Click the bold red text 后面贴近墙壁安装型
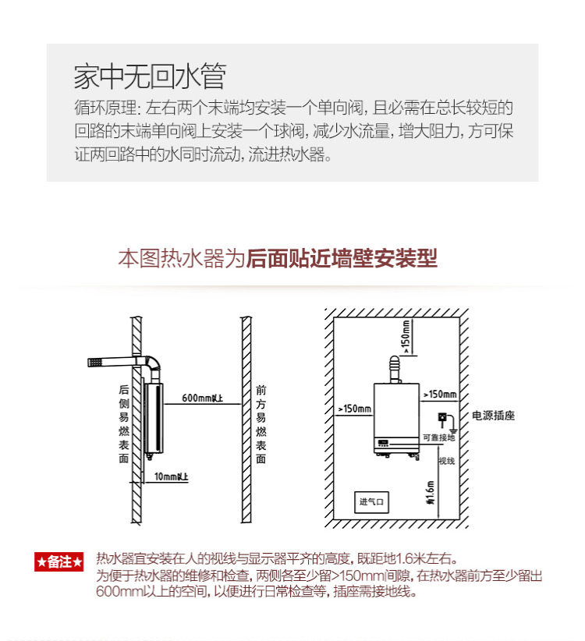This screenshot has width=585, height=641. click(342, 258)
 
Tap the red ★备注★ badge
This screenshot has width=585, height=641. click(58, 561)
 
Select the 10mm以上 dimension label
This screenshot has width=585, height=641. click(171, 476)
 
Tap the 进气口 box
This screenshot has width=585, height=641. click(371, 501)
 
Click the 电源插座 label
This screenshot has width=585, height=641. click(493, 416)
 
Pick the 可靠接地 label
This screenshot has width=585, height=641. click(438, 437)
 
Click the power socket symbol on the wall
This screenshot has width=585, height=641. click(441, 418)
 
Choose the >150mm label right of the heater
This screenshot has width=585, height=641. click(439, 395)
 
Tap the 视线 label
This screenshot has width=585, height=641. click(446, 460)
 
